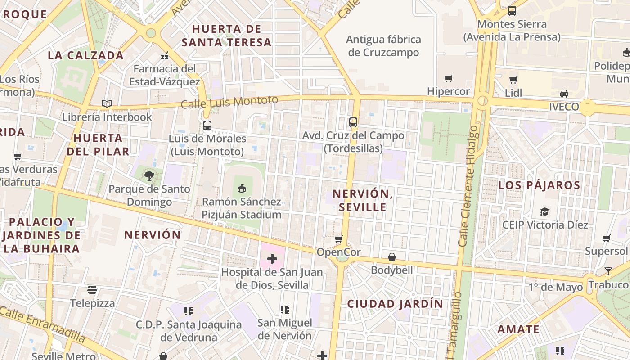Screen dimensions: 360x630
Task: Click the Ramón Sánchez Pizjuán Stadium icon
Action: click(x=242, y=188)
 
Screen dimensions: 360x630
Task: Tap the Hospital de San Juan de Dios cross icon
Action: click(x=272, y=259)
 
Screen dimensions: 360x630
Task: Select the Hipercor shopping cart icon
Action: click(x=448, y=79)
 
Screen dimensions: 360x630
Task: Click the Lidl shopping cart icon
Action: click(x=513, y=80)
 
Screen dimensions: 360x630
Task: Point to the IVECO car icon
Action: click(x=564, y=94)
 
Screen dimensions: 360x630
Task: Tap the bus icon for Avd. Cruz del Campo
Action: click(x=353, y=122)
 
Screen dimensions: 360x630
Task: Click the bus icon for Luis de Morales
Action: click(x=207, y=126)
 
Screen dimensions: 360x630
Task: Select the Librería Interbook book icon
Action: click(x=107, y=104)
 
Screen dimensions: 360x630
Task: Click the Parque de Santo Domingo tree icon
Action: click(x=149, y=176)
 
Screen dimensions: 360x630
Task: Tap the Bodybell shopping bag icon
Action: click(x=392, y=257)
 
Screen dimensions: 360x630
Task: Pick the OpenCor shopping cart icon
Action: click(x=339, y=239)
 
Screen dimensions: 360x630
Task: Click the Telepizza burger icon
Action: click(x=92, y=290)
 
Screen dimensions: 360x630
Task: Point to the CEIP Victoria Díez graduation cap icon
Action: click(x=545, y=211)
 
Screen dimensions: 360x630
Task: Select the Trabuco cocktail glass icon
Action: click(x=608, y=271)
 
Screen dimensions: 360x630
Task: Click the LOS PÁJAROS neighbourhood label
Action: click(x=539, y=185)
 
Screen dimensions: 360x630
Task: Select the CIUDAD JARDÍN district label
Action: click(x=395, y=304)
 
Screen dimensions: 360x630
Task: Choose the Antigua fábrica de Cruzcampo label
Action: click(x=384, y=46)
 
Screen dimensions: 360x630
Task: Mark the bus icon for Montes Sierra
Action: click(x=512, y=11)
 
